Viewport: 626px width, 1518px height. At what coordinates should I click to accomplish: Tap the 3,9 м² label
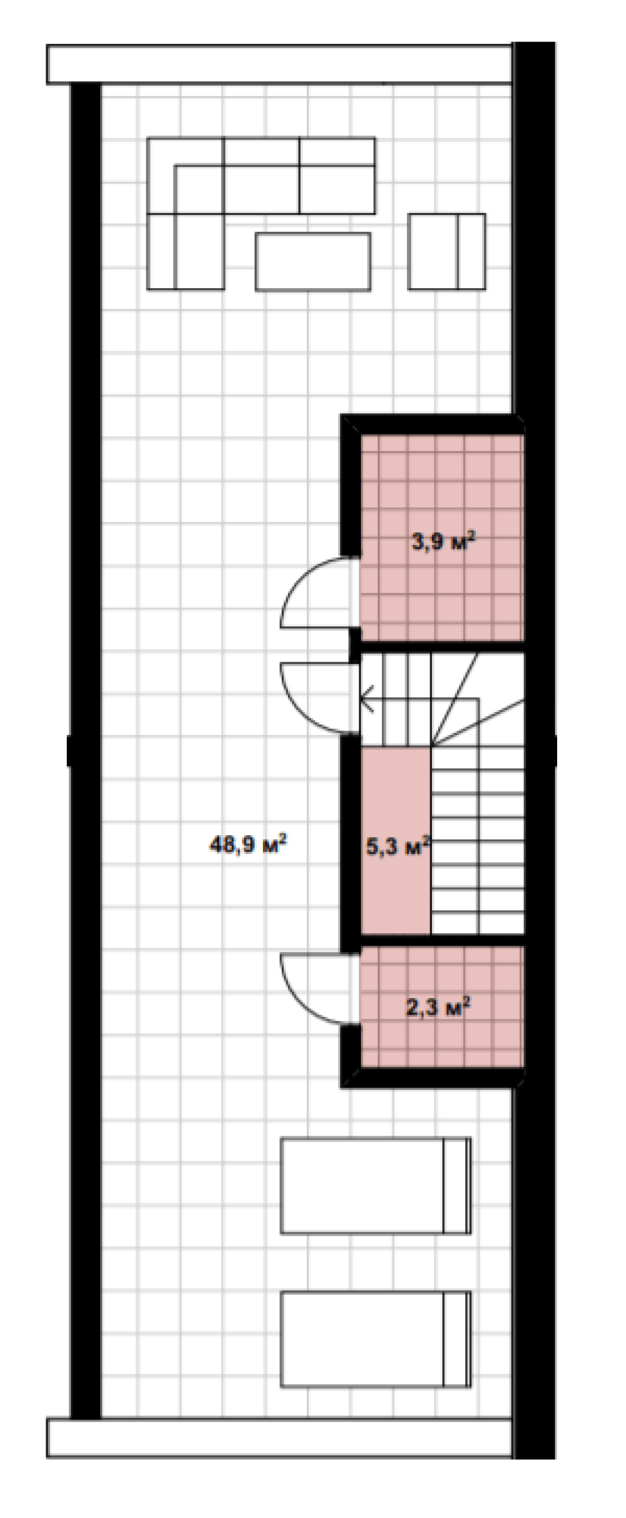pyautogui.click(x=441, y=541)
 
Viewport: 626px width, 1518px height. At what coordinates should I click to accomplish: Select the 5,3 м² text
pyautogui.click(x=398, y=848)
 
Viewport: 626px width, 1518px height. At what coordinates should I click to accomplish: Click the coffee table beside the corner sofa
pyautogui.click(x=312, y=261)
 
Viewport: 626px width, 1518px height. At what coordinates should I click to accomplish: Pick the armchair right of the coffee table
pyautogui.click(x=446, y=251)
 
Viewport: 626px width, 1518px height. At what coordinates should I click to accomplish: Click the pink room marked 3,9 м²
pyautogui.click(x=441, y=538)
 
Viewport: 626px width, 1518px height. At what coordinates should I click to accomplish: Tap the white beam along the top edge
pyautogui.click(x=280, y=64)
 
